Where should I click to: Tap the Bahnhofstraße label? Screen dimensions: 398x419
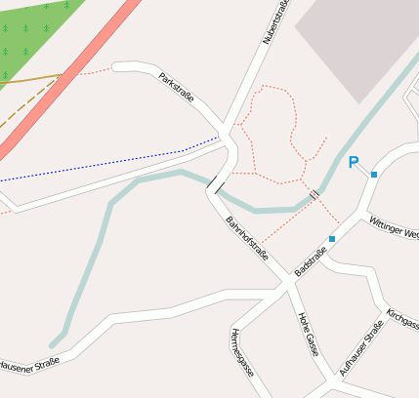click(x=246, y=239)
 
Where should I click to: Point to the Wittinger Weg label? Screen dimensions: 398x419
click(x=393, y=229)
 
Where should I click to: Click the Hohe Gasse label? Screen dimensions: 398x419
click(x=307, y=334)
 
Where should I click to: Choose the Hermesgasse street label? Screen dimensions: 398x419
click(x=241, y=353)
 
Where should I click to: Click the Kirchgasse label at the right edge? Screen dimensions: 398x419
click(x=402, y=319)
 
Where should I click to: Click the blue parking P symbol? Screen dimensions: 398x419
click(x=354, y=163)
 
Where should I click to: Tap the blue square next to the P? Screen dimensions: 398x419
click(x=374, y=174)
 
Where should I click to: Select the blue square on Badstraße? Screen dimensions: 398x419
click(x=332, y=238)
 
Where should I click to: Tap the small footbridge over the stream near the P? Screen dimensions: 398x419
click(x=314, y=196)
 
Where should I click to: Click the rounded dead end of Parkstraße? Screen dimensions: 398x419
click(x=117, y=67)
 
